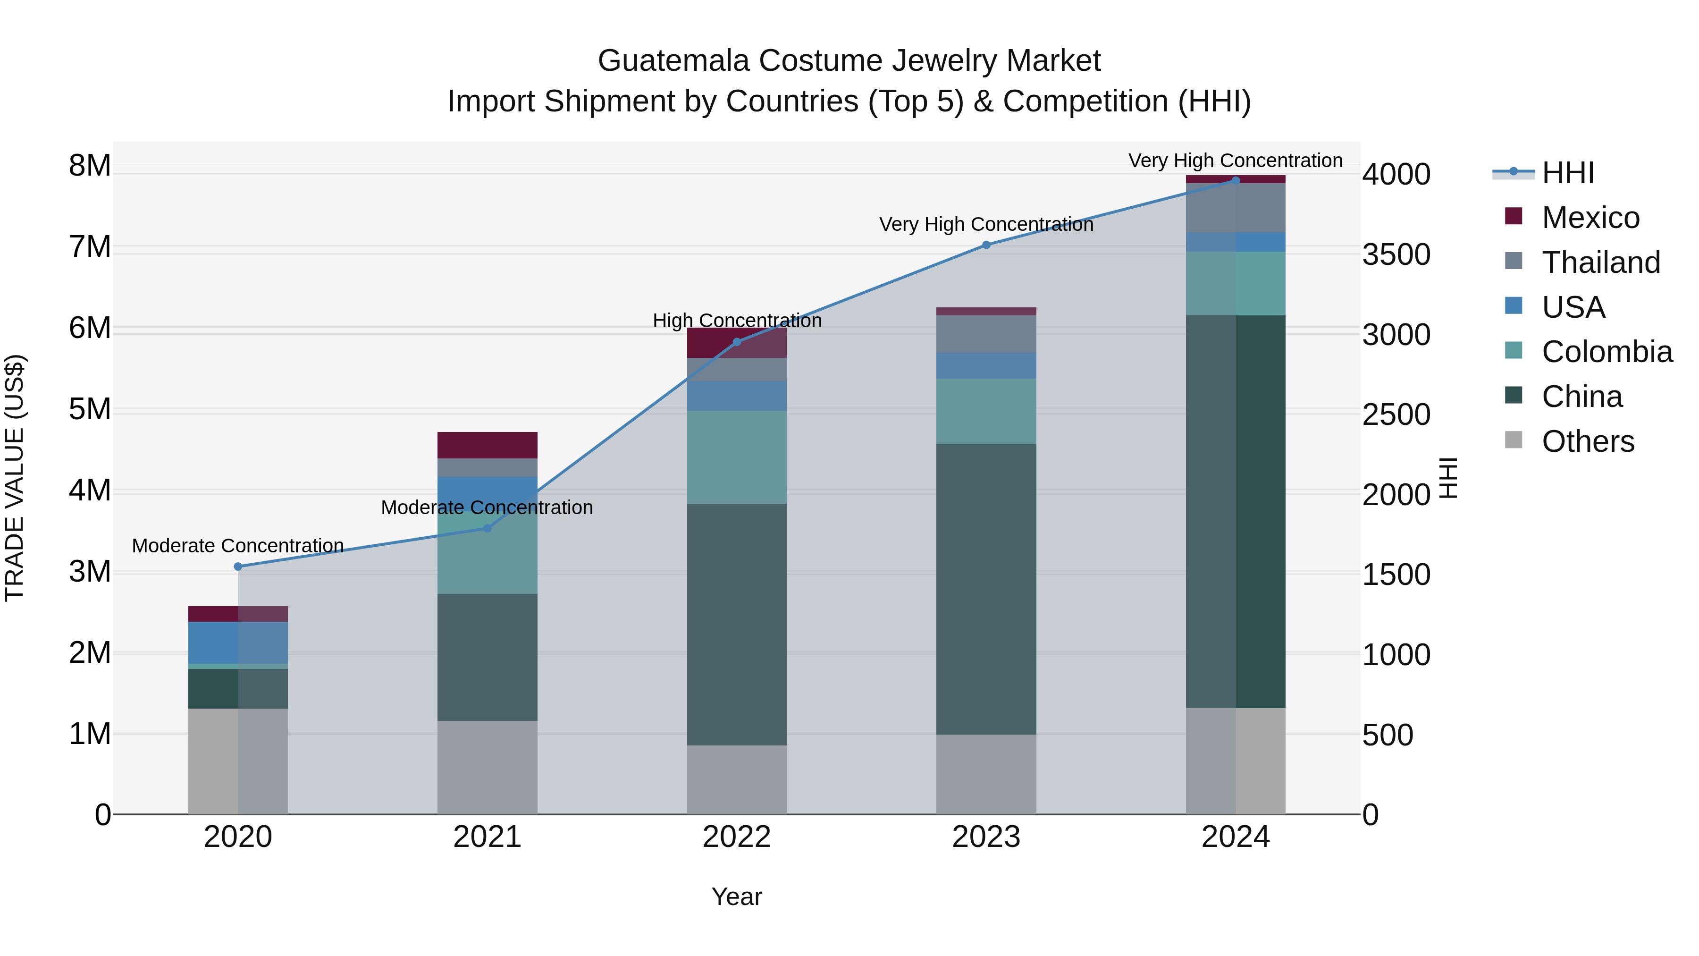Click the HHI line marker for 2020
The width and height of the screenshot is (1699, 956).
click(x=238, y=567)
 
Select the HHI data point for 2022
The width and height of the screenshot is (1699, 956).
click(x=737, y=342)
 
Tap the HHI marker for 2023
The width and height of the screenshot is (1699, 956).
click(x=986, y=245)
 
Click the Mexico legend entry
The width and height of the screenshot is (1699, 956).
click(x=1590, y=217)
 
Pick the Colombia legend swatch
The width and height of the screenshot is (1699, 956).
click(x=1514, y=351)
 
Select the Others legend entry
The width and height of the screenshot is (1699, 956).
click(x=1588, y=441)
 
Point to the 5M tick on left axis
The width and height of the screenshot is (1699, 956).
click(x=90, y=409)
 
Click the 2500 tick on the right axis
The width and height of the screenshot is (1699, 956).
click(x=1396, y=415)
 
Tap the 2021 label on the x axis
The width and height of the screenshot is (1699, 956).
click(x=488, y=837)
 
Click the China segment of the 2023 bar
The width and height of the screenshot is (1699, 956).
click(x=986, y=589)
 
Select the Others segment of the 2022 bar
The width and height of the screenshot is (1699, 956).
click(x=737, y=780)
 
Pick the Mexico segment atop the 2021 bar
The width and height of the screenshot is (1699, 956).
click(x=488, y=445)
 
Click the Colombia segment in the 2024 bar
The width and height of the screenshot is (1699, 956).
click(x=1236, y=284)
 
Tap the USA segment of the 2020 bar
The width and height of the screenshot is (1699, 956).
click(x=238, y=643)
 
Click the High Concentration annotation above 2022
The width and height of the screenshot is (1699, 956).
click(x=737, y=321)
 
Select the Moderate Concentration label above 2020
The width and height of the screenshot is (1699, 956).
click(x=238, y=546)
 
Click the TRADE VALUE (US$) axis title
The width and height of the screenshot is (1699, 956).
click(x=15, y=478)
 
